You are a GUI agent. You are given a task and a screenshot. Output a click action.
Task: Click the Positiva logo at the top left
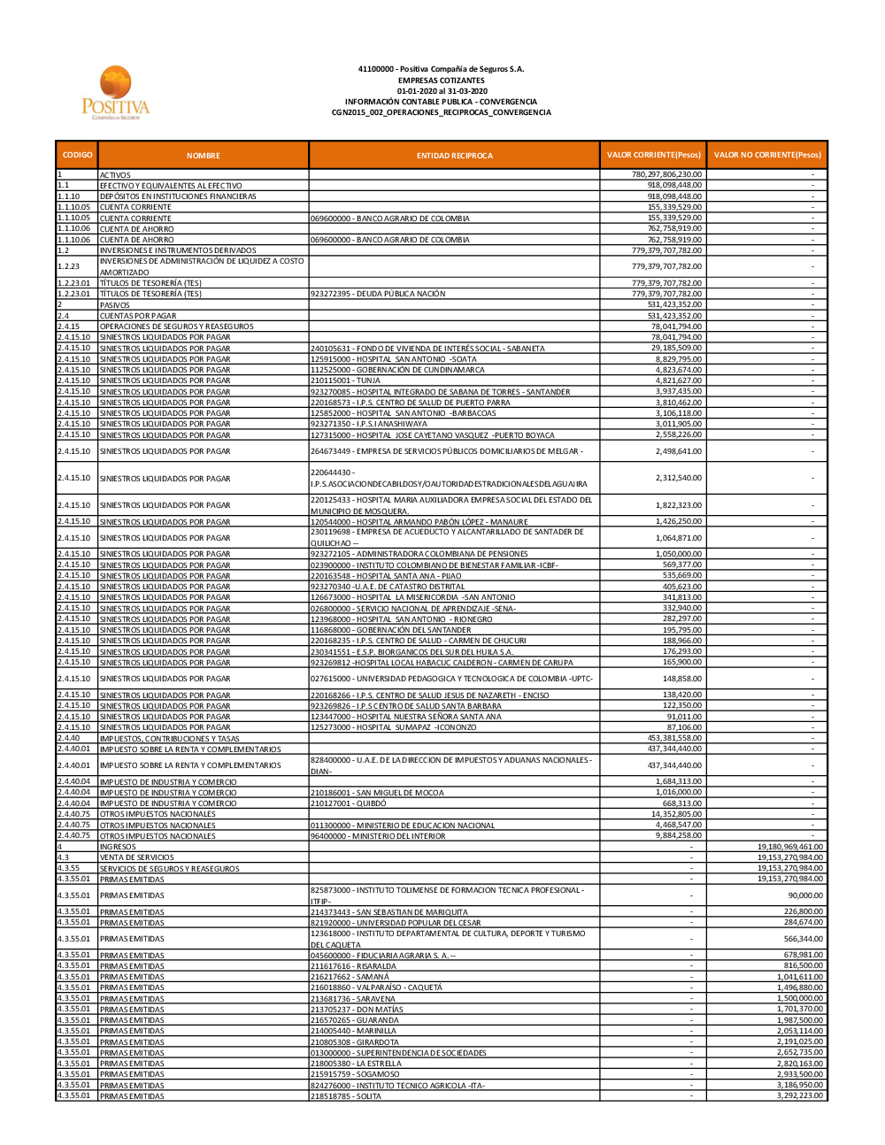point(116,92)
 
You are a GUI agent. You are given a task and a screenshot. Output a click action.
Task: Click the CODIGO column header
point(77,155)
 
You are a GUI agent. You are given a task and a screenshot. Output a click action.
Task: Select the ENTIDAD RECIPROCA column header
point(454,156)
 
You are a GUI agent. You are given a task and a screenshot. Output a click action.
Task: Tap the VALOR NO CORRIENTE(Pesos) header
point(767,155)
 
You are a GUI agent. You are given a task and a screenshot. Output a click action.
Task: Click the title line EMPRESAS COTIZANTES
point(441,80)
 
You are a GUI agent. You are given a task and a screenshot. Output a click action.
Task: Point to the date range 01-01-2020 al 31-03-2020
point(441,91)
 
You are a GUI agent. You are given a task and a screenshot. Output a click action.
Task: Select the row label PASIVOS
point(115,305)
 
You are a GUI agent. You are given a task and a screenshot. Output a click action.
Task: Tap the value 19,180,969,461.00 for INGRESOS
point(789,847)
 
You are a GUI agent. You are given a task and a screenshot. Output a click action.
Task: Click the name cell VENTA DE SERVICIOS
point(137,857)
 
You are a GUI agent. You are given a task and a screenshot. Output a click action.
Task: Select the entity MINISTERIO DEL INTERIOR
point(378,836)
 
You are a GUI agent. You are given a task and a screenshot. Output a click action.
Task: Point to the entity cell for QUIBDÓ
point(335,803)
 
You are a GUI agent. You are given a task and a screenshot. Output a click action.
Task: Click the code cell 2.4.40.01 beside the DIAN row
point(76,765)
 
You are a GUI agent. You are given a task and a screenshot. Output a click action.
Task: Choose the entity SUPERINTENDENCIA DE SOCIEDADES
point(398,1053)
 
